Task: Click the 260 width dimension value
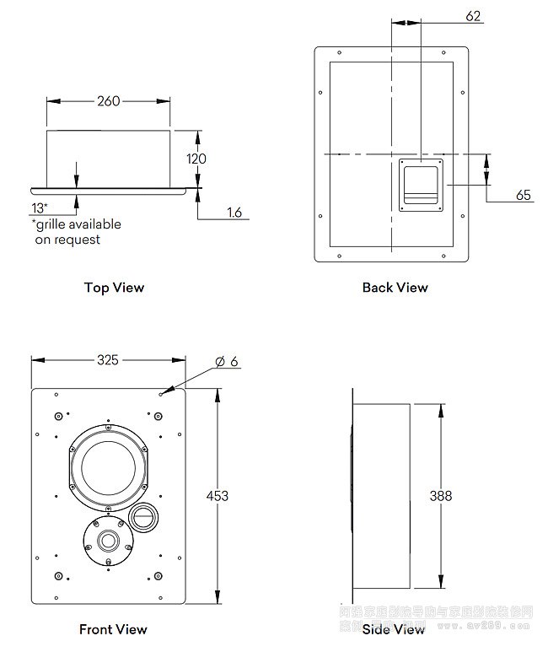tap(109, 101)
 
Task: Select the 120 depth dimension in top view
tap(196, 159)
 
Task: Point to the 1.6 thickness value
tap(234, 213)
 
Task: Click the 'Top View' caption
tap(114, 288)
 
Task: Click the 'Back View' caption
tap(395, 288)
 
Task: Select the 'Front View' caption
tap(113, 629)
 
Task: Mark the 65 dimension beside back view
tap(524, 195)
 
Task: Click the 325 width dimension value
tap(107, 360)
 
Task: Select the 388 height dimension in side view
tap(441, 496)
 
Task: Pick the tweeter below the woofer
tap(108, 541)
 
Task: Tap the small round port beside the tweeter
tap(144, 516)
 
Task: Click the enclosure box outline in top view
tap(109, 158)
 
